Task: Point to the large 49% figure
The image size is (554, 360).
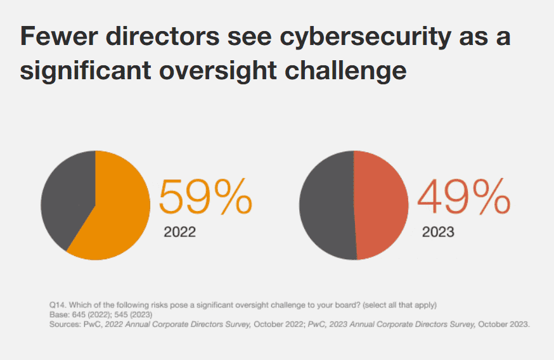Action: pos(463,198)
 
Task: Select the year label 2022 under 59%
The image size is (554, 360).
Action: pos(179,232)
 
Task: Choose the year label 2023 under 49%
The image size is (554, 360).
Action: pos(438,232)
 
